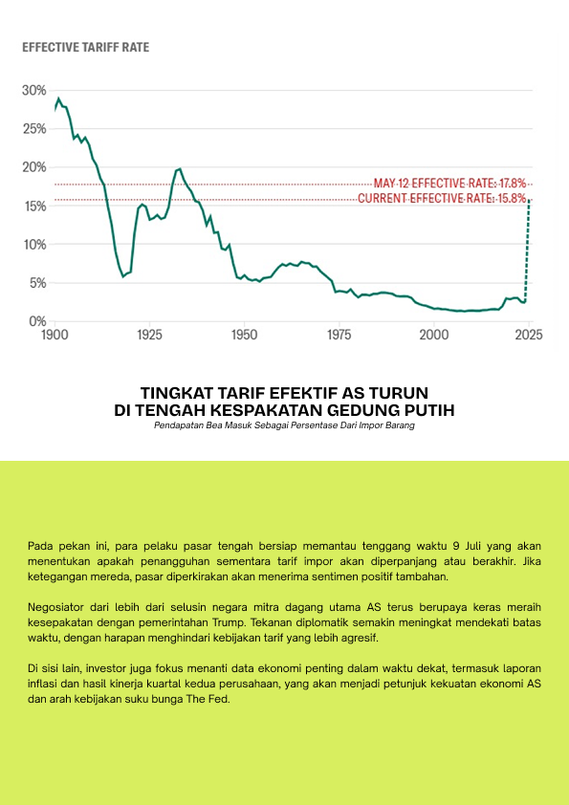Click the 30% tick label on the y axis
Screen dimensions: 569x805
pos(33,91)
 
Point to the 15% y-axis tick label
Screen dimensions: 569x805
pos(33,206)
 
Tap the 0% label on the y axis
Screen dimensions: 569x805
pos(37,321)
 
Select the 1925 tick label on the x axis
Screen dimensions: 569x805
pos(149,335)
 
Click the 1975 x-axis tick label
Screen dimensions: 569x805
pos(339,335)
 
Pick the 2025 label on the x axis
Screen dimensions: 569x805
pos(529,335)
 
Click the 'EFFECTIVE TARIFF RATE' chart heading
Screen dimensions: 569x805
pos(86,48)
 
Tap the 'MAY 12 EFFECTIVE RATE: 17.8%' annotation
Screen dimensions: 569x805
pos(449,184)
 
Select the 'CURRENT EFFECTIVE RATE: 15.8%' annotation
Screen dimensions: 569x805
pos(442,198)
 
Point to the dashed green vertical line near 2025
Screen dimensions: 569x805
pos(527,250)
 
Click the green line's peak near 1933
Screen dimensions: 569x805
pos(179,168)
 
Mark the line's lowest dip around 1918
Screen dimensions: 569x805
pos(122,276)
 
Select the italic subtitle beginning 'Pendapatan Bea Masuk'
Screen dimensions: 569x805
pos(285,425)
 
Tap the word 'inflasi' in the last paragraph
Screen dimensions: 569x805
pos(41,685)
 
